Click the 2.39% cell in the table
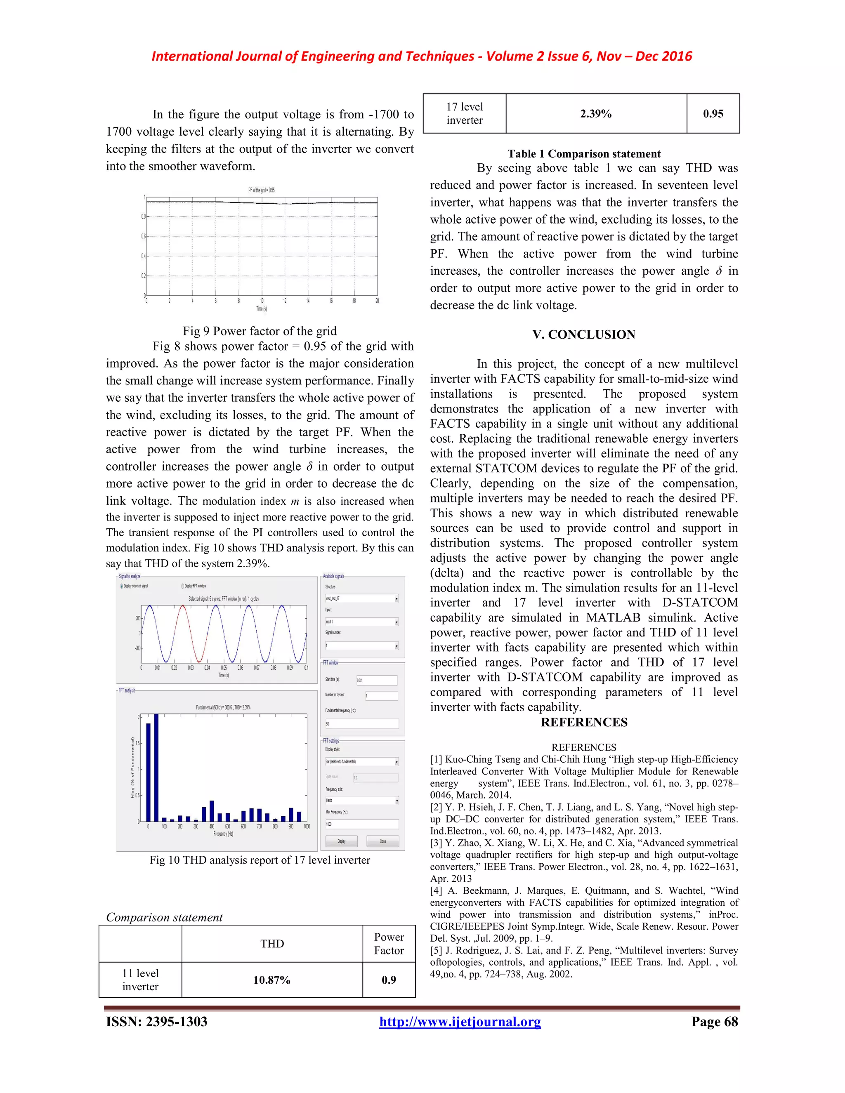tap(596, 113)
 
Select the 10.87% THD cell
tap(272, 980)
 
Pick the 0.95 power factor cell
tap(713, 113)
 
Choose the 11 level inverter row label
tap(140, 980)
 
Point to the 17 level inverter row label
tap(464, 113)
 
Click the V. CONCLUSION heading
tap(584, 335)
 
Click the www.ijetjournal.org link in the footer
tap(460, 1022)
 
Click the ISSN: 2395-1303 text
tap(157, 1022)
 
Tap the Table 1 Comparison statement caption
tap(584, 154)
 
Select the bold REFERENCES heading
tap(584, 722)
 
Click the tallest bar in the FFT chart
tap(156, 768)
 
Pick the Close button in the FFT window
tap(382, 841)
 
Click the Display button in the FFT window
tap(341, 841)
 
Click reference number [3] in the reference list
tap(436, 843)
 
